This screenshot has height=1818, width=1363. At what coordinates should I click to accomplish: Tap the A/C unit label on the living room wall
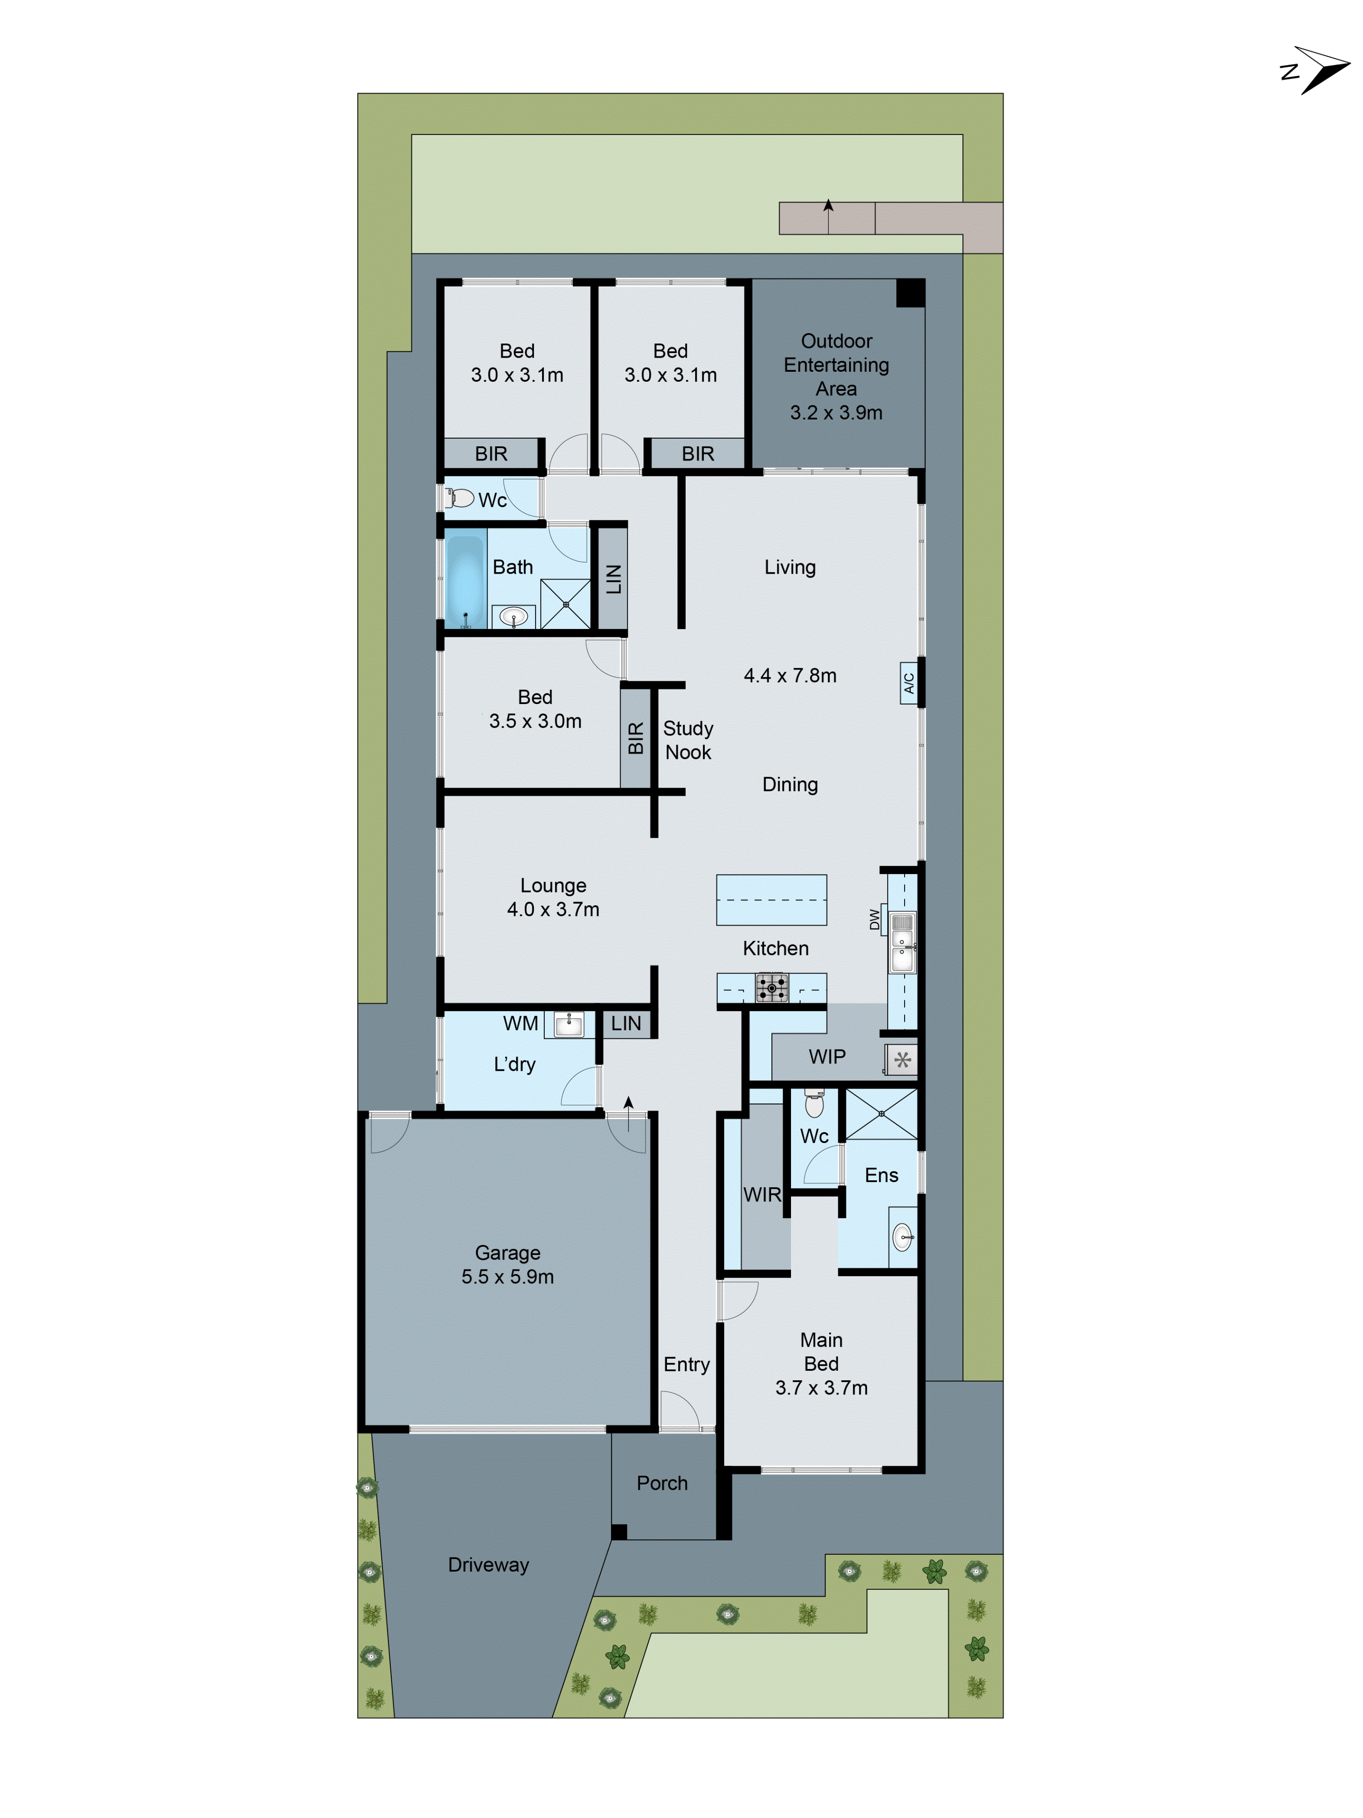(909, 683)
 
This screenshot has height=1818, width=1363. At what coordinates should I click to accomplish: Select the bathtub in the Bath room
(465, 582)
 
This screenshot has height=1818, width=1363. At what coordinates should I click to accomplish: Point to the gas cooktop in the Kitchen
(771, 987)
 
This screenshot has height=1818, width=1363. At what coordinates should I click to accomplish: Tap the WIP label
(826, 1057)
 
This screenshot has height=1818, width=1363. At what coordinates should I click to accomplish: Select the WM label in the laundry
(520, 1023)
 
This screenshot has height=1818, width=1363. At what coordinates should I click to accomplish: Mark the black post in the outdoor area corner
(910, 293)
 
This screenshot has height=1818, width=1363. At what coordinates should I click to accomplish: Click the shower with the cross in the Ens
(881, 1114)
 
